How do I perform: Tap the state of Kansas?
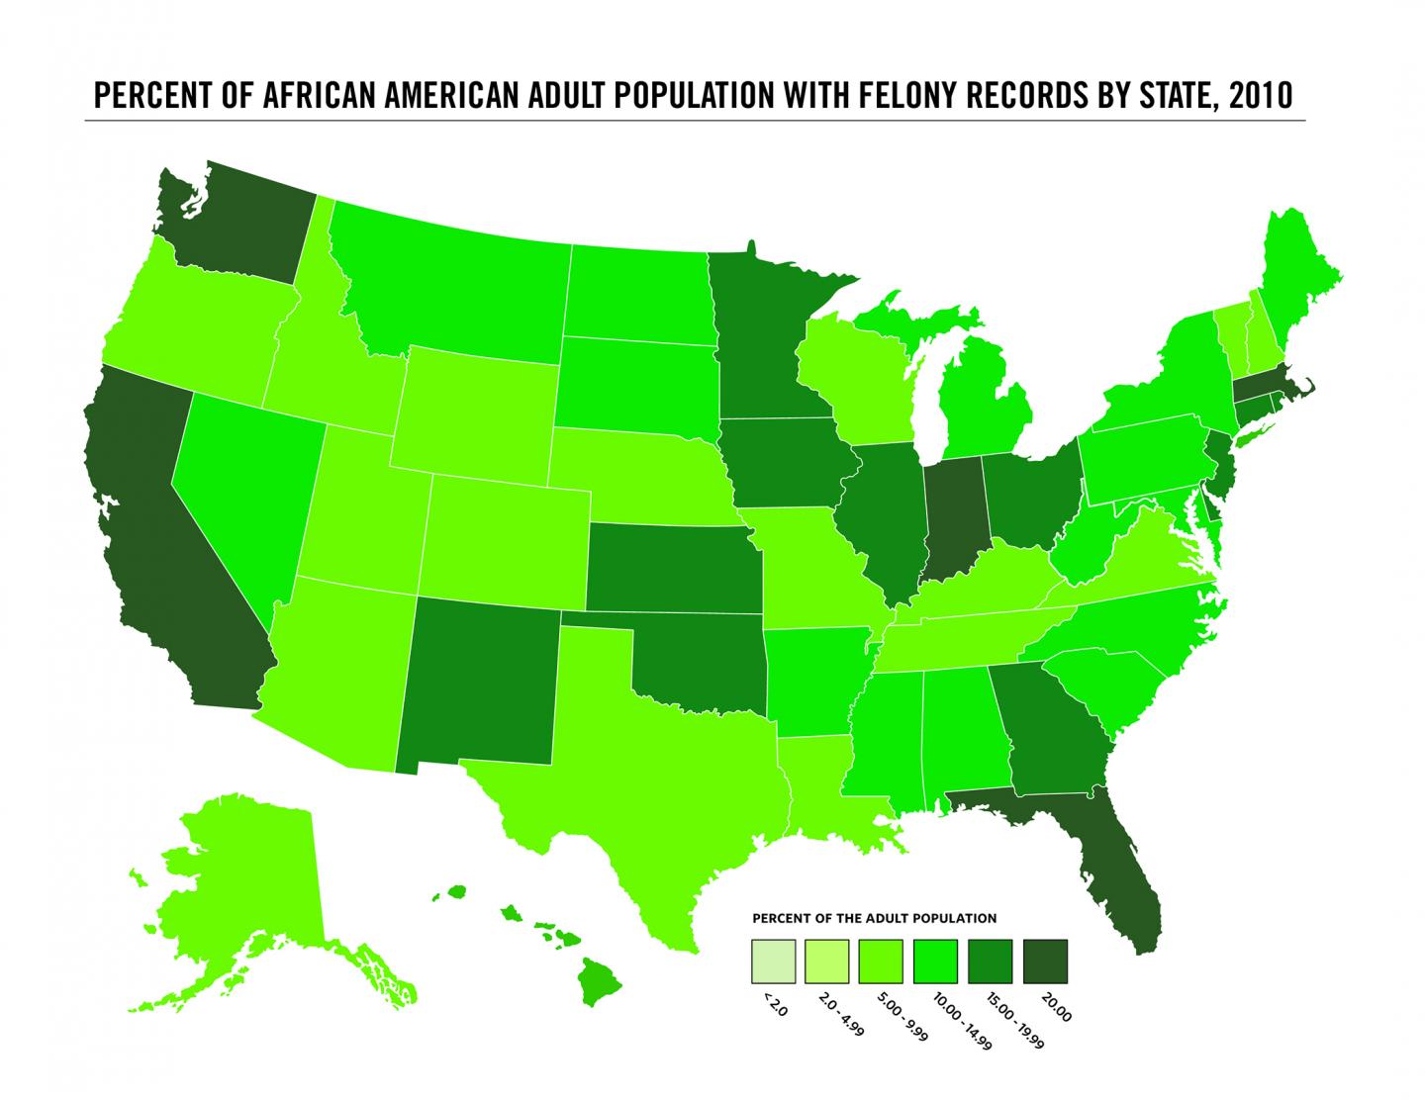click(673, 569)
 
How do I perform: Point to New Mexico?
click(480, 683)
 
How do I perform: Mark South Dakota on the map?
click(633, 386)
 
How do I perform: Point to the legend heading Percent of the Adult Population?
click(875, 918)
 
